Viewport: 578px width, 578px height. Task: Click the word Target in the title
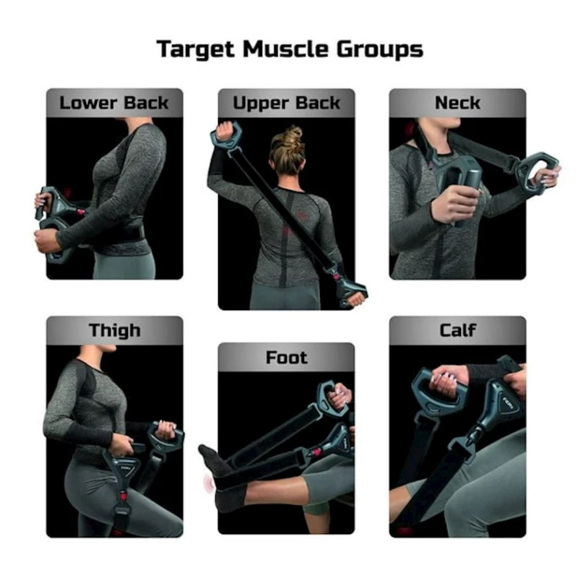click(195, 49)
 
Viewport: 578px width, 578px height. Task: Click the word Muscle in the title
click(285, 48)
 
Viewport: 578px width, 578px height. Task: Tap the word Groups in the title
click(380, 49)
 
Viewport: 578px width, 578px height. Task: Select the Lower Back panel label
click(114, 103)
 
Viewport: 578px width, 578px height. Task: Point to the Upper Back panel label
click(286, 103)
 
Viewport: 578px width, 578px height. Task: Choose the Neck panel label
click(457, 103)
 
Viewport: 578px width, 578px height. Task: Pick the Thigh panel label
click(115, 331)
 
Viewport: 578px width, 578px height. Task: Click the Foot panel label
click(286, 358)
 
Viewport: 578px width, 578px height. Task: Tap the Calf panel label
click(457, 330)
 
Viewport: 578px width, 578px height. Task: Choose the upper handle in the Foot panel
click(330, 398)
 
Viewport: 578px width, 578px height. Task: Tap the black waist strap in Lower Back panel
click(121, 232)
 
